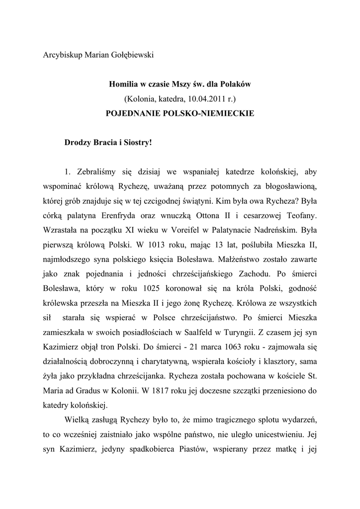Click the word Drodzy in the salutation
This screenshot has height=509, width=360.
click(x=78, y=143)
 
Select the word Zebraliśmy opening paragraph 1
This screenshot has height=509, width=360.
click(x=97, y=172)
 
